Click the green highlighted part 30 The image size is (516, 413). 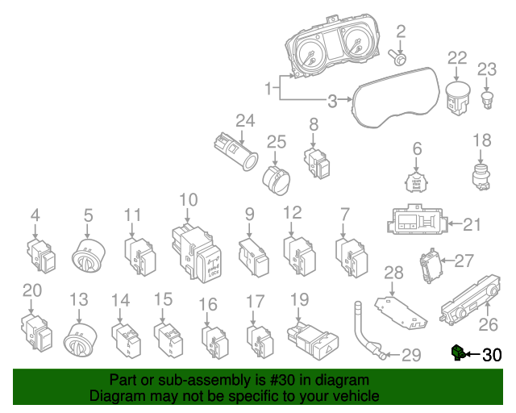458,352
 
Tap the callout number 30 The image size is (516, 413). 491,354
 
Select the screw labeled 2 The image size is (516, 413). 398,57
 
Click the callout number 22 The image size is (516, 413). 457,57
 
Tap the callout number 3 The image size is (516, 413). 332,102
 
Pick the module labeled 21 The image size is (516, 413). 416,222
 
